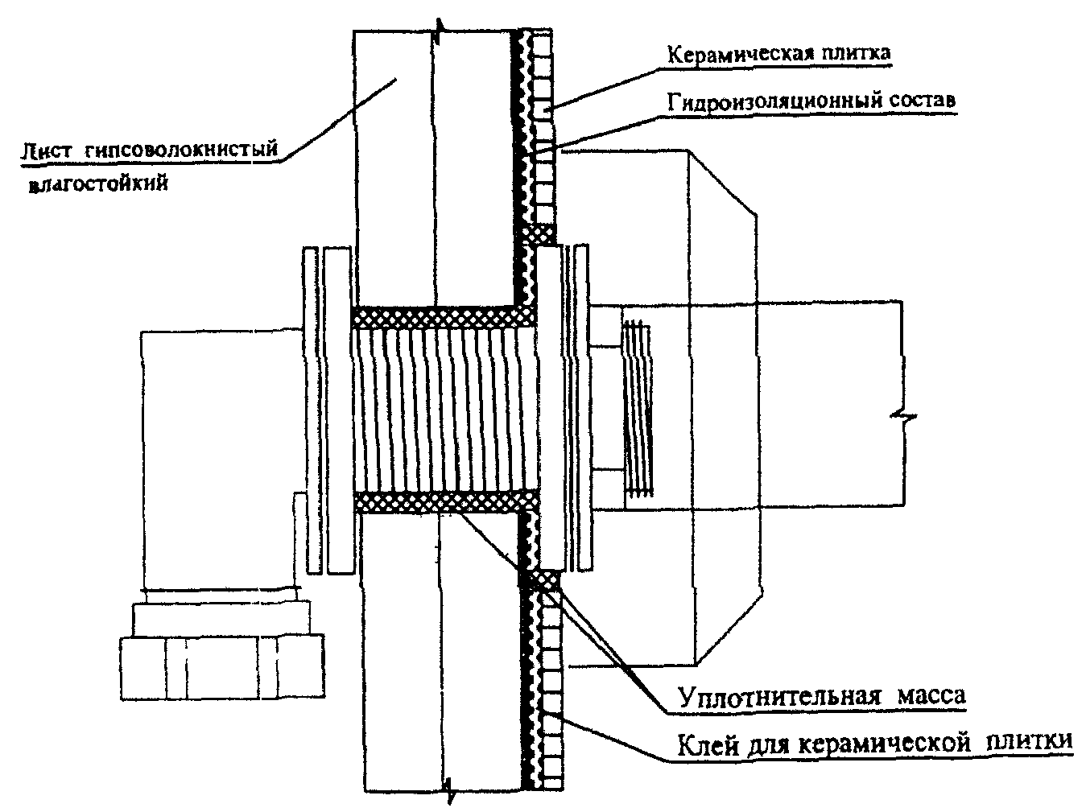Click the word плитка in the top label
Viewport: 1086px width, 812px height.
coord(850,54)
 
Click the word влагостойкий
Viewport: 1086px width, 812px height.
coord(98,184)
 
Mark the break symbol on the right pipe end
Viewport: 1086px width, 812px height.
coord(900,416)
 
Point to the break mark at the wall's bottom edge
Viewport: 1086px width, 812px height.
coord(448,793)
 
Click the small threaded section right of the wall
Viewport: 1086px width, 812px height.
coord(638,409)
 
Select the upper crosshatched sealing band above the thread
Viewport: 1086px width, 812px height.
coord(439,316)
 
